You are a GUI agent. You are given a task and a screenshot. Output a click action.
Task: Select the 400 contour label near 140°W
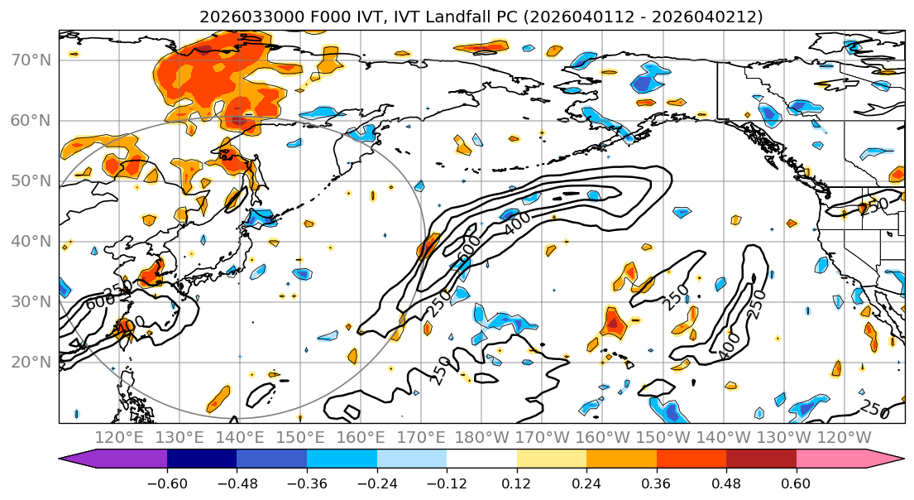730,346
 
